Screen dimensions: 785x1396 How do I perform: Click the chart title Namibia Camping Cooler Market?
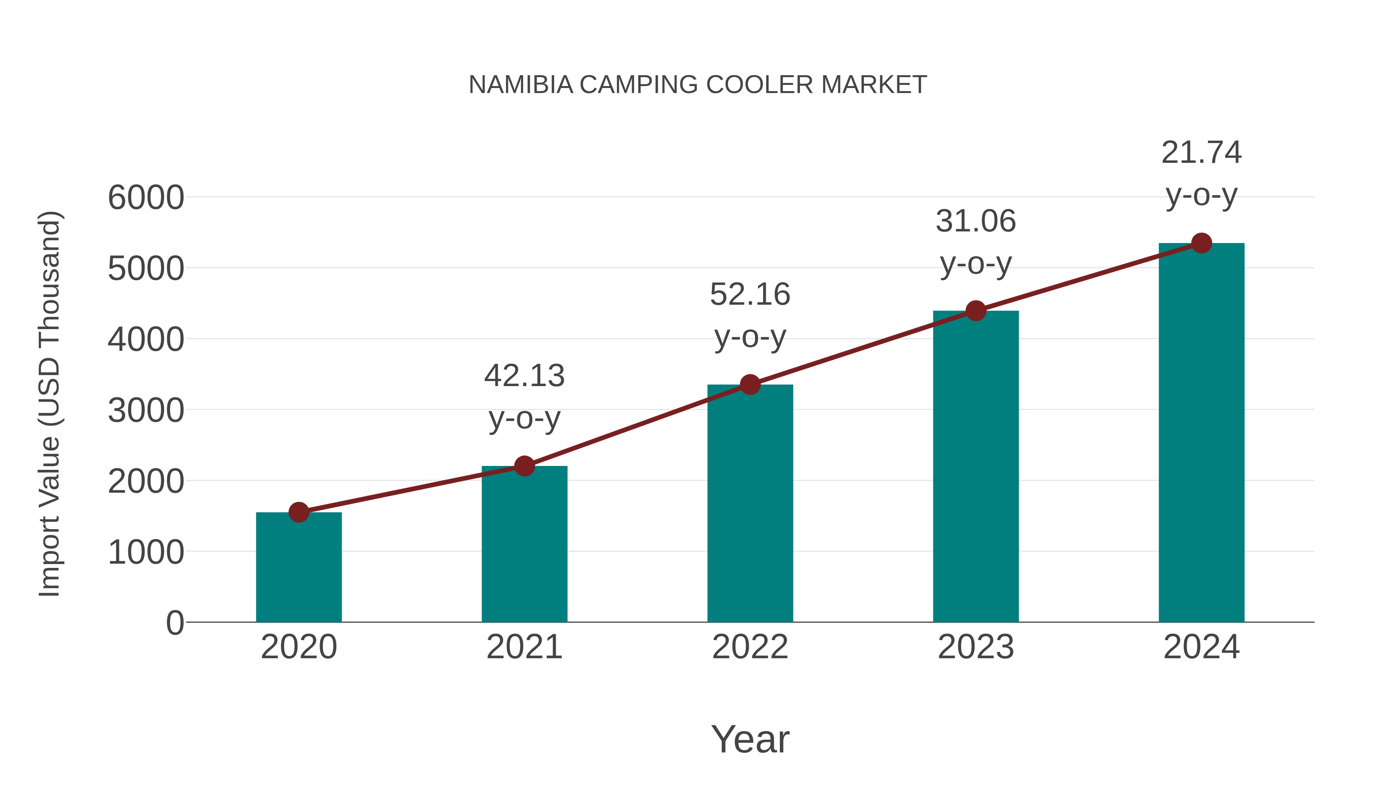pyautogui.click(x=698, y=85)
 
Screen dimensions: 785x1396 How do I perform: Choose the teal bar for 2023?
pyautogui.click(x=976, y=466)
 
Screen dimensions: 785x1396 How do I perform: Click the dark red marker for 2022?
pyautogui.click(x=750, y=385)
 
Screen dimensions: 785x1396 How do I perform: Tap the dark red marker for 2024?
pyautogui.click(x=1201, y=243)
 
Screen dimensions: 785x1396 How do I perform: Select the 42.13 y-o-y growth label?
pyautogui.click(x=524, y=397)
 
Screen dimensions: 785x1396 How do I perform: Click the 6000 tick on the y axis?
pyautogui.click(x=146, y=198)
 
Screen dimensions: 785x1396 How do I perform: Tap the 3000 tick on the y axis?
pyautogui.click(x=146, y=411)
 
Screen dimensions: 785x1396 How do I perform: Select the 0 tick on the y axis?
pyautogui.click(x=174, y=623)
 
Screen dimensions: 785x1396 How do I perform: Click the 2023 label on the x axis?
pyautogui.click(x=976, y=647)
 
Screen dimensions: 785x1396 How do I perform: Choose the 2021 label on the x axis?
pyautogui.click(x=524, y=647)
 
